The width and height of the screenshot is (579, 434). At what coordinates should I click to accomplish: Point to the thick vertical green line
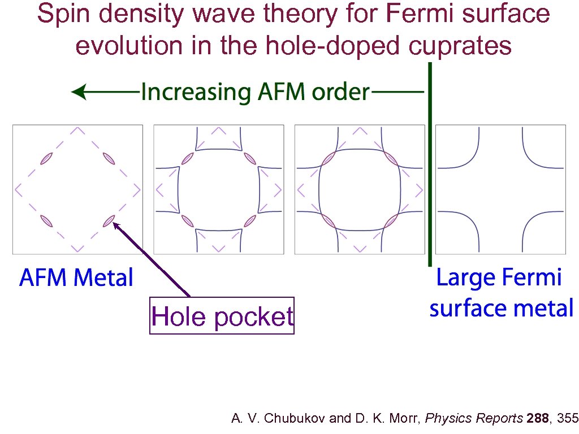click(430, 164)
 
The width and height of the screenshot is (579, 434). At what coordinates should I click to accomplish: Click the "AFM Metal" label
click(76, 278)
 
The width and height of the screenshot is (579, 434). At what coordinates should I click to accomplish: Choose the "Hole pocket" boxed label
click(222, 316)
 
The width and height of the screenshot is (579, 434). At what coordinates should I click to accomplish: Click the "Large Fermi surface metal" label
click(501, 293)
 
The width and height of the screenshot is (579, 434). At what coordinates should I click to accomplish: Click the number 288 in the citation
click(538, 419)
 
